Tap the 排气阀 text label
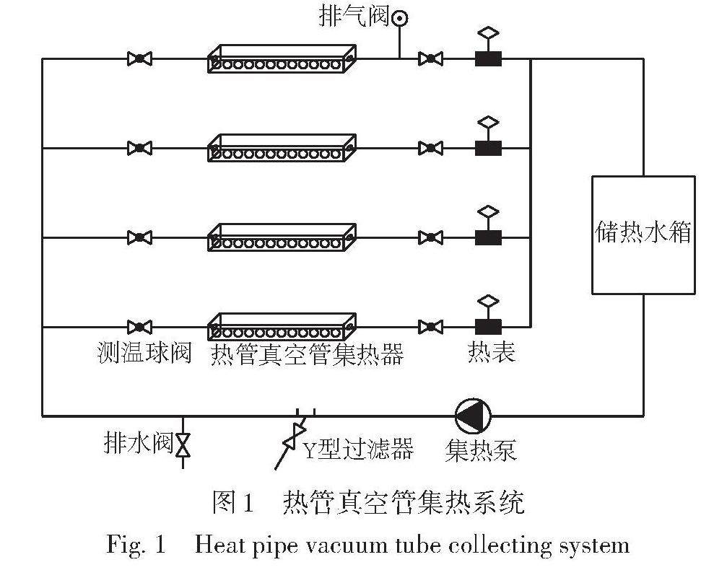click(x=354, y=17)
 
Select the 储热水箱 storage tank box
click(x=643, y=234)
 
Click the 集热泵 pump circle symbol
click(x=474, y=416)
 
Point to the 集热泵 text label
click(x=481, y=451)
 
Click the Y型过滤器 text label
click(x=357, y=450)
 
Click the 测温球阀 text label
click(x=144, y=354)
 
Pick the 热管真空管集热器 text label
click(x=307, y=354)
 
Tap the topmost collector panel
click(x=282, y=58)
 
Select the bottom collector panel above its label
click(x=282, y=327)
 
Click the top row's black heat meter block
click(x=488, y=58)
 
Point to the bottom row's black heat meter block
click(x=488, y=327)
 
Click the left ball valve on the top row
click(x=139, y=58)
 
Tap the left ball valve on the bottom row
click(x=139, y=327)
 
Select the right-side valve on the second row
click(x=430, y=148)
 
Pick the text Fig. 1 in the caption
click(x=136, y=544)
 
